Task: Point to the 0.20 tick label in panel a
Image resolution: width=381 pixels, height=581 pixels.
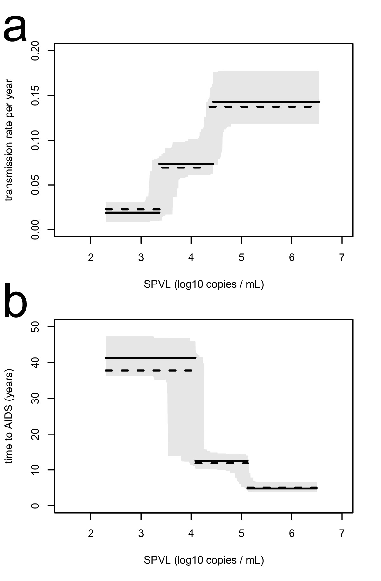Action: coord(35,51)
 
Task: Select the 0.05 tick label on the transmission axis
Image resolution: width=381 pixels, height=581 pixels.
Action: coord(35,185)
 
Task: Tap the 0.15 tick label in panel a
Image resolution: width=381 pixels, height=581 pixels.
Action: coord(35,96)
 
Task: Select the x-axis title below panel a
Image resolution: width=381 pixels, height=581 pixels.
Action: coord(204,284)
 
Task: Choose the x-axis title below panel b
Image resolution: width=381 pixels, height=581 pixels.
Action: coord(204,560)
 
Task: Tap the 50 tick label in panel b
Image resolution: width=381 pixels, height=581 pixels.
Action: coord(35,327)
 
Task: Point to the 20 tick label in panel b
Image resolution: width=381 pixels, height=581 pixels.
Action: coord(35,434)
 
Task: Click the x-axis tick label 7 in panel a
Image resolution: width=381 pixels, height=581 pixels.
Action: coord(342,257)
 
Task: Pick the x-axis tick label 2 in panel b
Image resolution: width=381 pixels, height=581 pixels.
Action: coord(91,533)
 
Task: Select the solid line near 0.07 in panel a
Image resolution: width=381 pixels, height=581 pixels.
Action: coord(186,164)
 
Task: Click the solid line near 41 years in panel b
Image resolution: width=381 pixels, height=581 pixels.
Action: coord(150,358)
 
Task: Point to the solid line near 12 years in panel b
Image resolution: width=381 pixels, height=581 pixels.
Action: coord(221,461)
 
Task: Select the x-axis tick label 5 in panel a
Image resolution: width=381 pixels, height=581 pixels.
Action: coord(241,257)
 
